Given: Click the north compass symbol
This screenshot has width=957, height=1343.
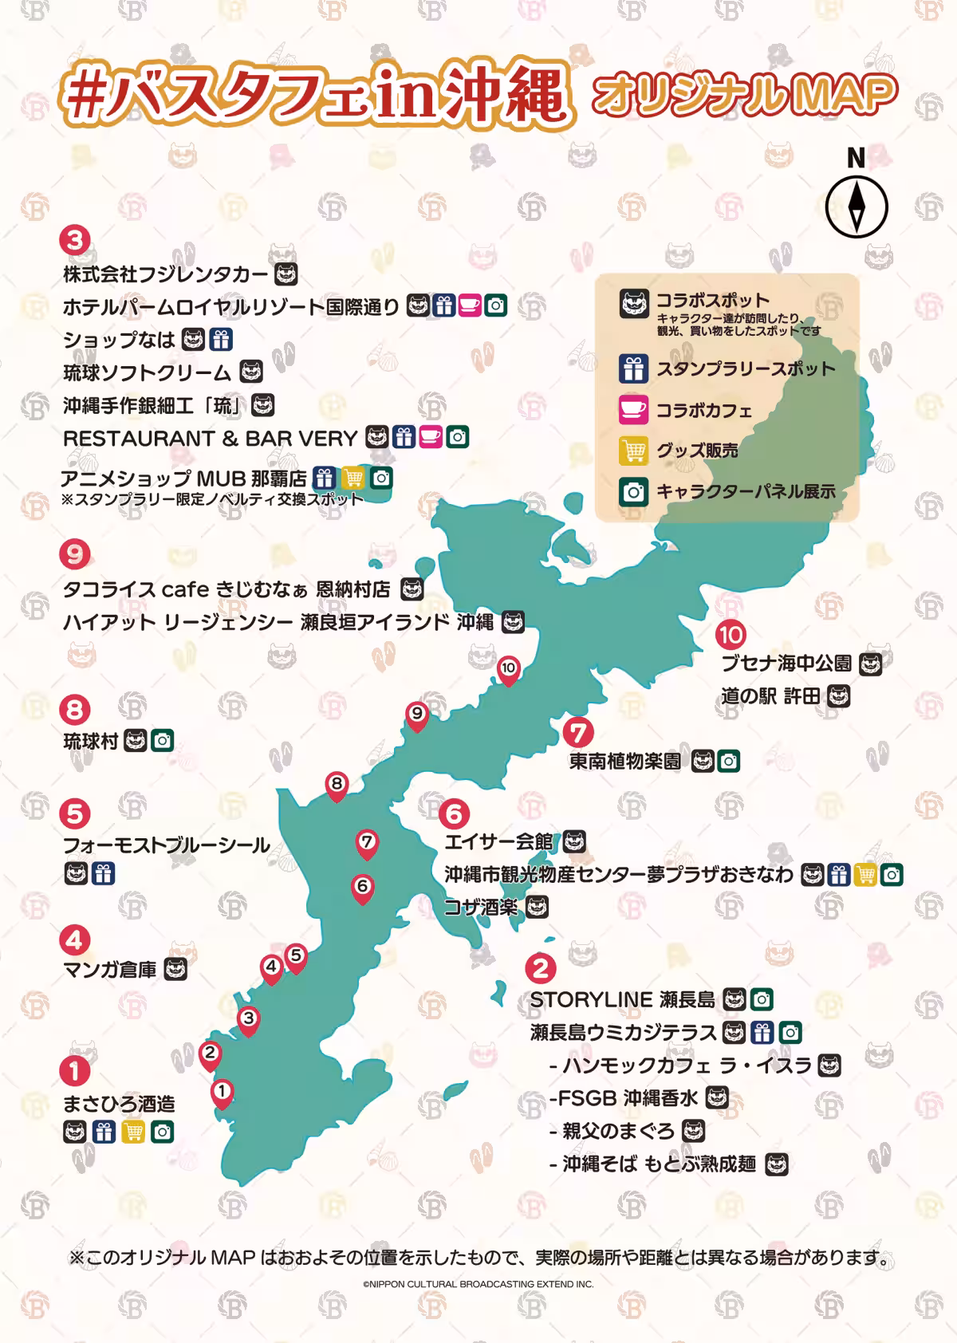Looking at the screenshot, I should (856, 205).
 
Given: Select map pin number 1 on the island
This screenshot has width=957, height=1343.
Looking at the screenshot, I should (222, 1092).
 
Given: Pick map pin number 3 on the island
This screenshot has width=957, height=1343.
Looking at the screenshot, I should (249, 1020).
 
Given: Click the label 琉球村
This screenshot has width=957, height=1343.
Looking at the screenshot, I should (91, 741).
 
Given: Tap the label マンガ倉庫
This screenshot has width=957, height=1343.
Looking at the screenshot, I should (110, 970).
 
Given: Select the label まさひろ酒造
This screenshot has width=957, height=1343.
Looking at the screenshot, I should (119, 1104).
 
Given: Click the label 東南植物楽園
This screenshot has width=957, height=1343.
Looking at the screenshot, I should (625, 761).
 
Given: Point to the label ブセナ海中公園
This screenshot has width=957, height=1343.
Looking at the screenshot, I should (786, 664).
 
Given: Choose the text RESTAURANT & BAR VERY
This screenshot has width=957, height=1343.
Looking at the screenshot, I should (210, 438).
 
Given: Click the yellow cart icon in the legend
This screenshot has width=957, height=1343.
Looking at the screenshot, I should (633, 451).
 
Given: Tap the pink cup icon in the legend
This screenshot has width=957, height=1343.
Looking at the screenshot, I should (633, 410).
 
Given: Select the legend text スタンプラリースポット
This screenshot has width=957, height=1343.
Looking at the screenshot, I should (745, 369).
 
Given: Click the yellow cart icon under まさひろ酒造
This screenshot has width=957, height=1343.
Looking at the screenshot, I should (133, 1132).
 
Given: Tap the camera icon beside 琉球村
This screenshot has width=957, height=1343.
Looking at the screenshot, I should (163, 741).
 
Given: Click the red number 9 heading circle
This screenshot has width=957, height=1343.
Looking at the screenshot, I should (75, 553).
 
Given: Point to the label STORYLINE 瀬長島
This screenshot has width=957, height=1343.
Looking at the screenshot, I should (622, 999).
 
